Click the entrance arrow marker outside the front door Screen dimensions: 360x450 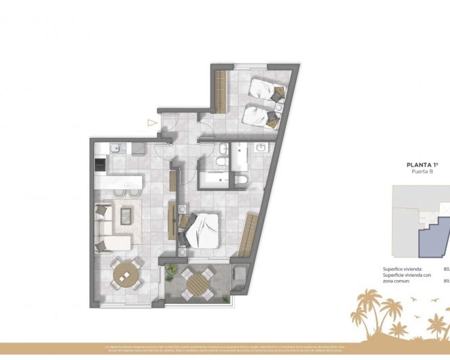pos(152,123)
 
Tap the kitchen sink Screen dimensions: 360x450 pos(116,148)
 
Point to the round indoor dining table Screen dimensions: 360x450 pos(124,273)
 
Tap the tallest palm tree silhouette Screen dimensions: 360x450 pos(368,309)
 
